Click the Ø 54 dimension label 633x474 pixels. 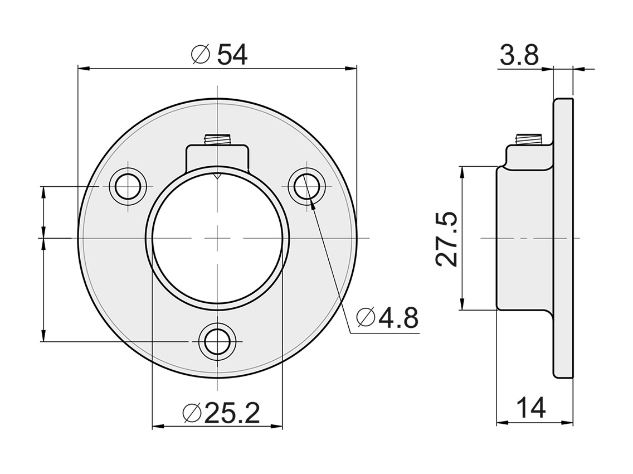point(218,55)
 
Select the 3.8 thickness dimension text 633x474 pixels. point(519,56)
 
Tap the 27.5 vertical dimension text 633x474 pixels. point(447,239)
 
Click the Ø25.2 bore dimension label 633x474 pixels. point(221,413)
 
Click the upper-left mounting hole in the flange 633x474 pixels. point(128,185)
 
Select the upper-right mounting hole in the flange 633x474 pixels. point(308,185)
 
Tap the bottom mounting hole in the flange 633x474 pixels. point(217,341)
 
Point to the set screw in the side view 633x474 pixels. point(529,139)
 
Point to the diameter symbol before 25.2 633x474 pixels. point(191,414)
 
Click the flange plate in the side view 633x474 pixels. point(563,238)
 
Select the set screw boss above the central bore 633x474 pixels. point(217,154)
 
